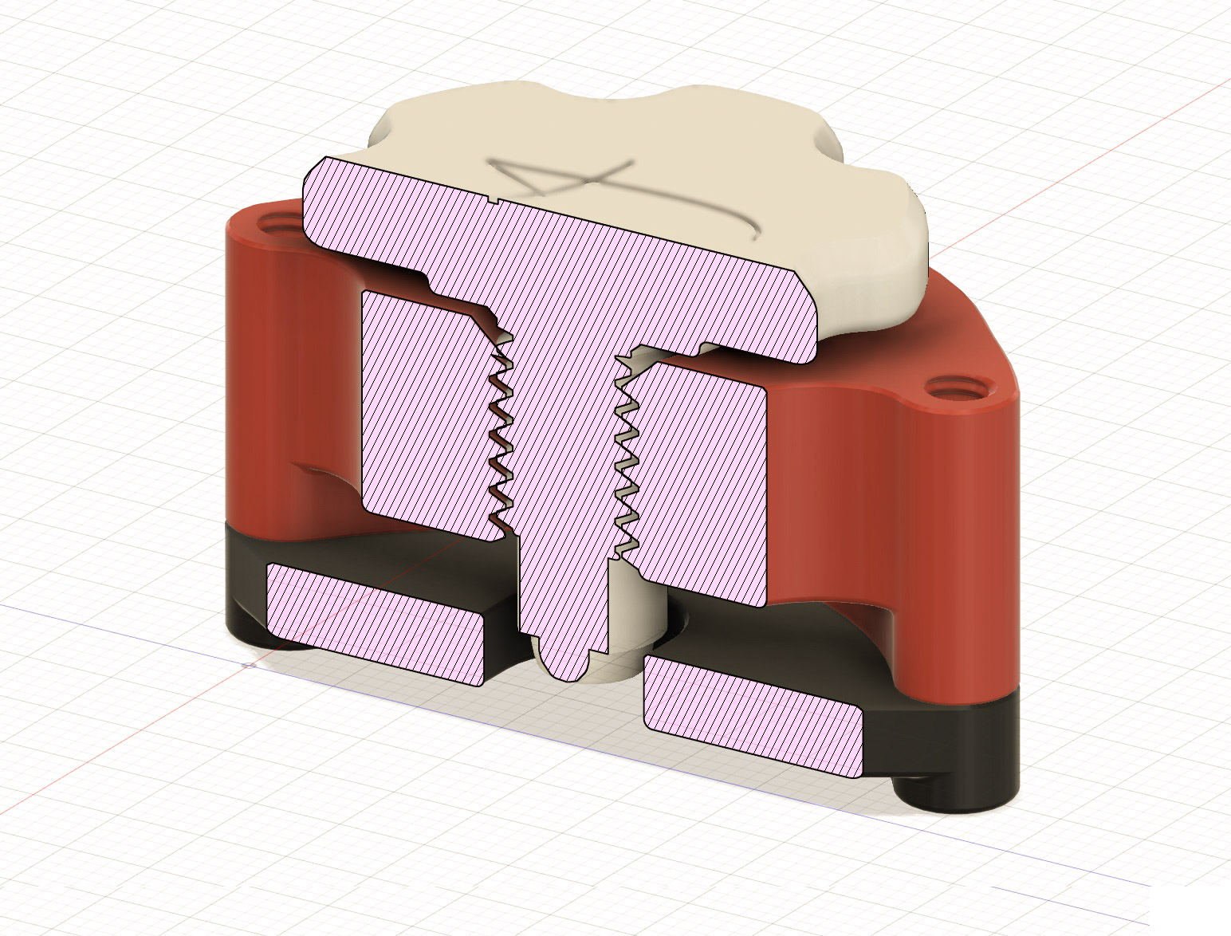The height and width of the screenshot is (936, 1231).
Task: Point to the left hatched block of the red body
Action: click(x=432, y=415)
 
